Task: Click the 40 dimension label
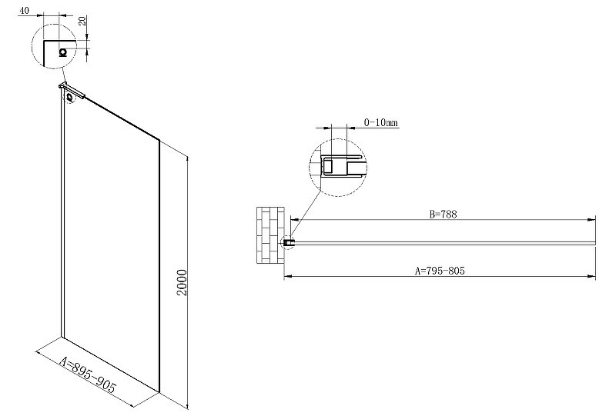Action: [x=24, y=11]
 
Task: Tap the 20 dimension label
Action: [x=82, y=21]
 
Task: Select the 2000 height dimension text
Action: [x=182, y=282]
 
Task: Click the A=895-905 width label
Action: [x=88, y=375]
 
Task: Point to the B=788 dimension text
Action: [x=444, y=215]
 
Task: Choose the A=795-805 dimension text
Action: [x=440, y=271]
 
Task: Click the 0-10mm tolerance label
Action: [x=380, y=122]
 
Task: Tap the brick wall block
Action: [x=270, y=235]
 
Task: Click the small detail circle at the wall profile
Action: [x=288, y=243]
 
